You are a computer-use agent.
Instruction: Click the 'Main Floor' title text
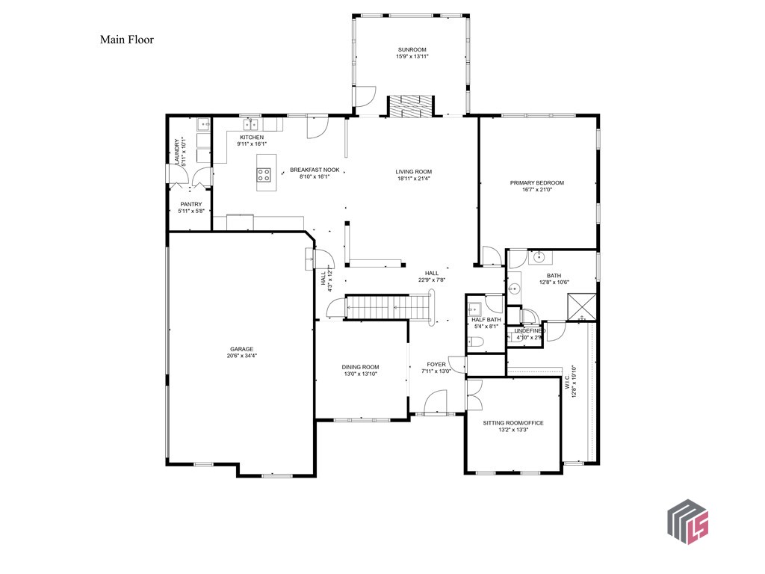coord(127,40)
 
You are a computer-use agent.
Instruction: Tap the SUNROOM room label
coord(412,49)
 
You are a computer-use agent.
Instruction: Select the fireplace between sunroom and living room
coord(409,106)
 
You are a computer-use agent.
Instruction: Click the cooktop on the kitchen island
coord(264,175)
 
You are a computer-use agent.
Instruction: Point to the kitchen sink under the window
coord(254,124)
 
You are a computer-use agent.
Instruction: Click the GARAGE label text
coord(241,349)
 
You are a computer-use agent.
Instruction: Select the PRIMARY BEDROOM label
coord(536,182)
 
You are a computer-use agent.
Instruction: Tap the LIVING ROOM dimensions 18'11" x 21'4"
coord(414,179)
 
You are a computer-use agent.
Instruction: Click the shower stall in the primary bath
coord(581,307)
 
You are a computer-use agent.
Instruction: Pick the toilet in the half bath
coord(477,342)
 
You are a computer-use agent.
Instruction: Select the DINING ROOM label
coord(360,367)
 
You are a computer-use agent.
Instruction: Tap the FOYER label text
coord(436,364)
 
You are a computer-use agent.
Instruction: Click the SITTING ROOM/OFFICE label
coord(512,423)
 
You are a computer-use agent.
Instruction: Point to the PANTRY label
coord(191,203)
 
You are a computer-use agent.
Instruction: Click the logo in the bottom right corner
coord(687,521)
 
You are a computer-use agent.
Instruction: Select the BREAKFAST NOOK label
coord(315,170)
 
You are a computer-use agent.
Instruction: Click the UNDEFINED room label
coord(530,330)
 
